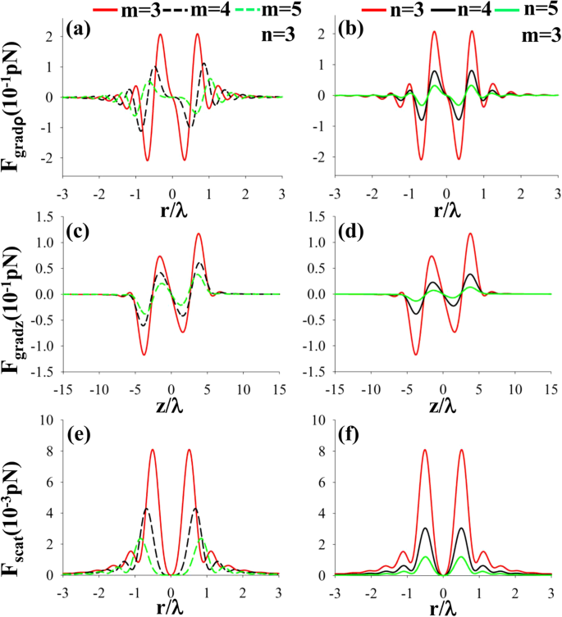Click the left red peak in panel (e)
point(153,450)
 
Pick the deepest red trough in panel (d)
point(416,354)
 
